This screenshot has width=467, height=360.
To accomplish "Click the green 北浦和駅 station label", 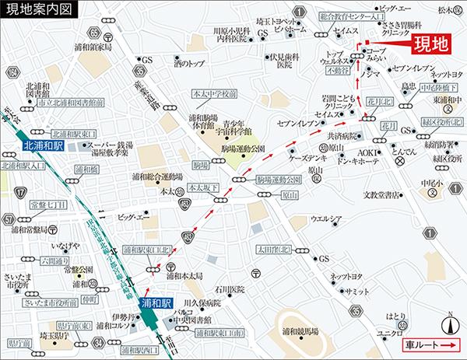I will (40, 145).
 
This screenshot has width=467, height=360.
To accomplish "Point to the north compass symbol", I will (450, 322).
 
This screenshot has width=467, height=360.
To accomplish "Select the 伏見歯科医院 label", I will (285, 59).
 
